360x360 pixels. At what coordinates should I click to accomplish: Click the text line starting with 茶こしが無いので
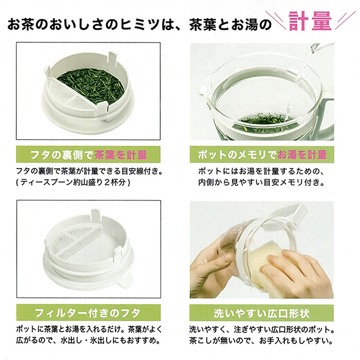pyautogui.click(x=262, y=341)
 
